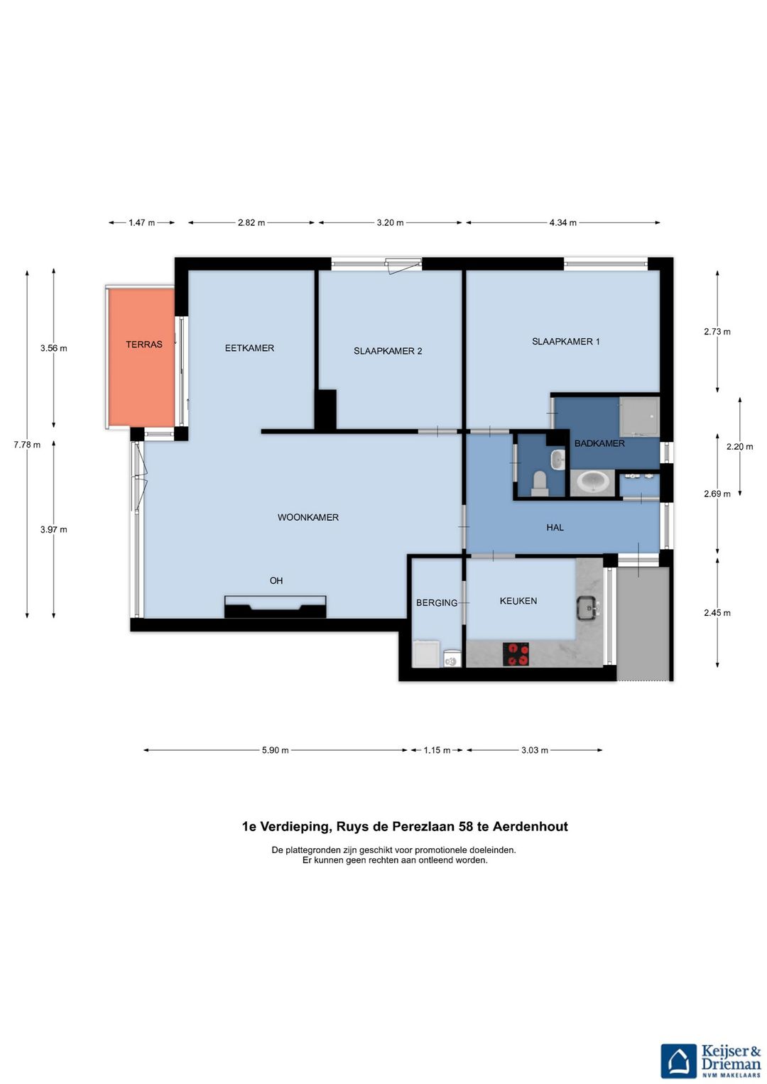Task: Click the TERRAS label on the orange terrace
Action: tap(143, 345)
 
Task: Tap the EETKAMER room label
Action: tap(249, 348)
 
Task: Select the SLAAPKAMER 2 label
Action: tap(388, 351)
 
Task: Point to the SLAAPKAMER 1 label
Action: tap(566, 341)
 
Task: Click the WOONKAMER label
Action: tap(308, 517)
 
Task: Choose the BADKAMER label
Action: tap(599, 443)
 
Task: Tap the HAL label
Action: tap(555, 528)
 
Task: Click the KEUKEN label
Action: tap(518, 601)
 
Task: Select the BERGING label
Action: tap(437, 603)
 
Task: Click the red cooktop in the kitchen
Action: tap(516, 654)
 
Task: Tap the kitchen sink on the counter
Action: tap(588, 608)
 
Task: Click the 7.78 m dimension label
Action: tap(27, 445)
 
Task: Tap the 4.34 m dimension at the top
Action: tap(562, 223)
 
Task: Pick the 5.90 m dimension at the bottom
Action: tap(276, 751)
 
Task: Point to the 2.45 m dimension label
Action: tap(717, 612)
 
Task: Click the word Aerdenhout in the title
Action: tap(531, 826)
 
